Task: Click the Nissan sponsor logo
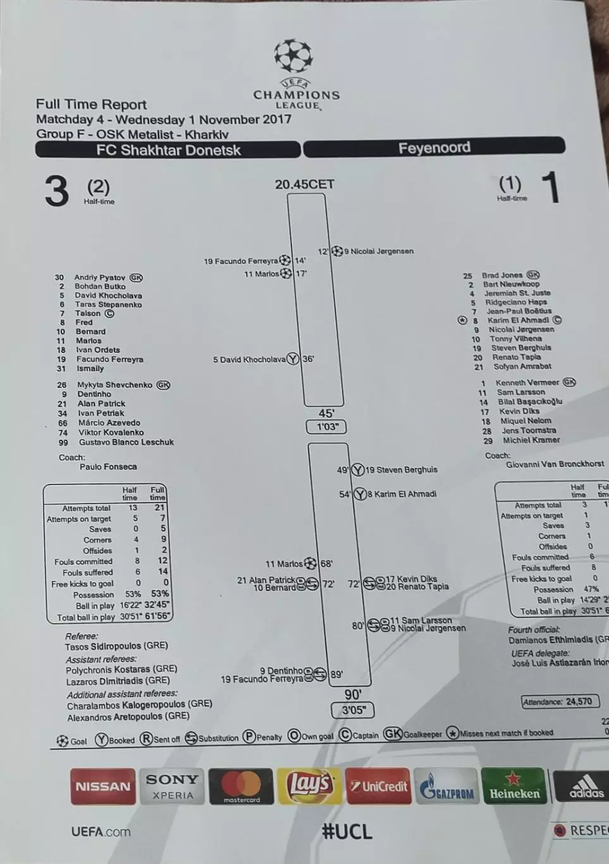coord(102,786)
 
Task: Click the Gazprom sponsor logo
coord(446,787)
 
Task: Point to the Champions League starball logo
coord(293,56)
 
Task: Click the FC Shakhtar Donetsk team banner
coord(168,150)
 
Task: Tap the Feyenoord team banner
coord(434,148)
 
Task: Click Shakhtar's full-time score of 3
coord(56,190)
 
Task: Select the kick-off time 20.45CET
coord(304,184)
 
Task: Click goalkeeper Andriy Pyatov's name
coord(99,277)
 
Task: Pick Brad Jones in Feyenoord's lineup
coord(502,275)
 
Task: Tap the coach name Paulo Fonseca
coord(108,467)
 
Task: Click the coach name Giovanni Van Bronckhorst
coord(555,464)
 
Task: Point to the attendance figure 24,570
coord(579,701)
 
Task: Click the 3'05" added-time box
coord(353,710)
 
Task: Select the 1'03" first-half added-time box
coord(327,427)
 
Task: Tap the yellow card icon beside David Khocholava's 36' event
coord(293,359)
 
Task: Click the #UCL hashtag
coord(347,831)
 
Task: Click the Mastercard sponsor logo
coord(241,786)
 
